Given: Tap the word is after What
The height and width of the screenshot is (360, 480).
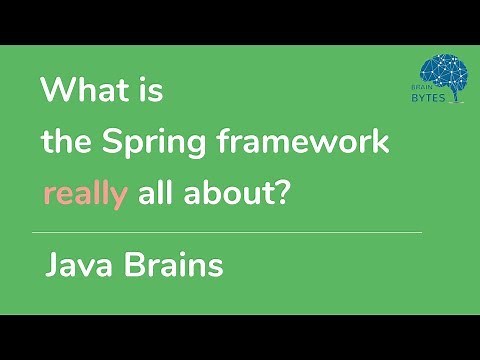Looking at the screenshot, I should coord(149,92).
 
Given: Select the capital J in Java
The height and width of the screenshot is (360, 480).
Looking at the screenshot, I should coord(53,267).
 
